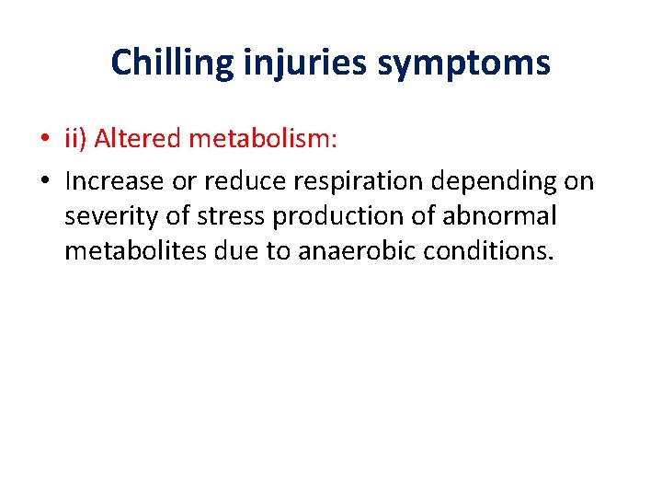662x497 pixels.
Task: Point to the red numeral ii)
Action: (x=76, y=138)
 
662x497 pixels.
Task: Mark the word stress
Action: (x=222, y=216)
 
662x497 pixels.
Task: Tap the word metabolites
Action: (x=129, y=251)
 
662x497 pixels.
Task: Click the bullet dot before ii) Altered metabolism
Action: (x=44, y=139)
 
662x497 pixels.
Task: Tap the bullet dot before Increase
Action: (x=44, y=182)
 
